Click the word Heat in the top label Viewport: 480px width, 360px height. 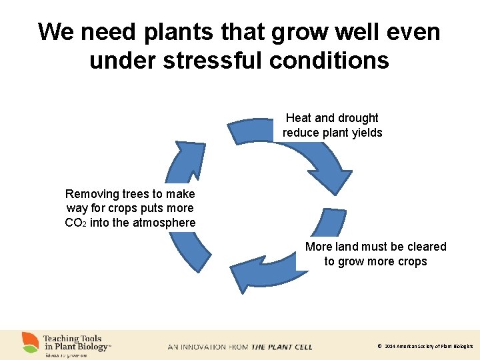coord(299,118)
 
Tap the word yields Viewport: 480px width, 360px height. coord(367,133)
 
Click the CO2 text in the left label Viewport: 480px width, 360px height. coord(75,223)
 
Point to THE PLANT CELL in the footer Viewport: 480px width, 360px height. coord(281,347)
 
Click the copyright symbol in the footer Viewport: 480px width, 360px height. coord(379,347)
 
